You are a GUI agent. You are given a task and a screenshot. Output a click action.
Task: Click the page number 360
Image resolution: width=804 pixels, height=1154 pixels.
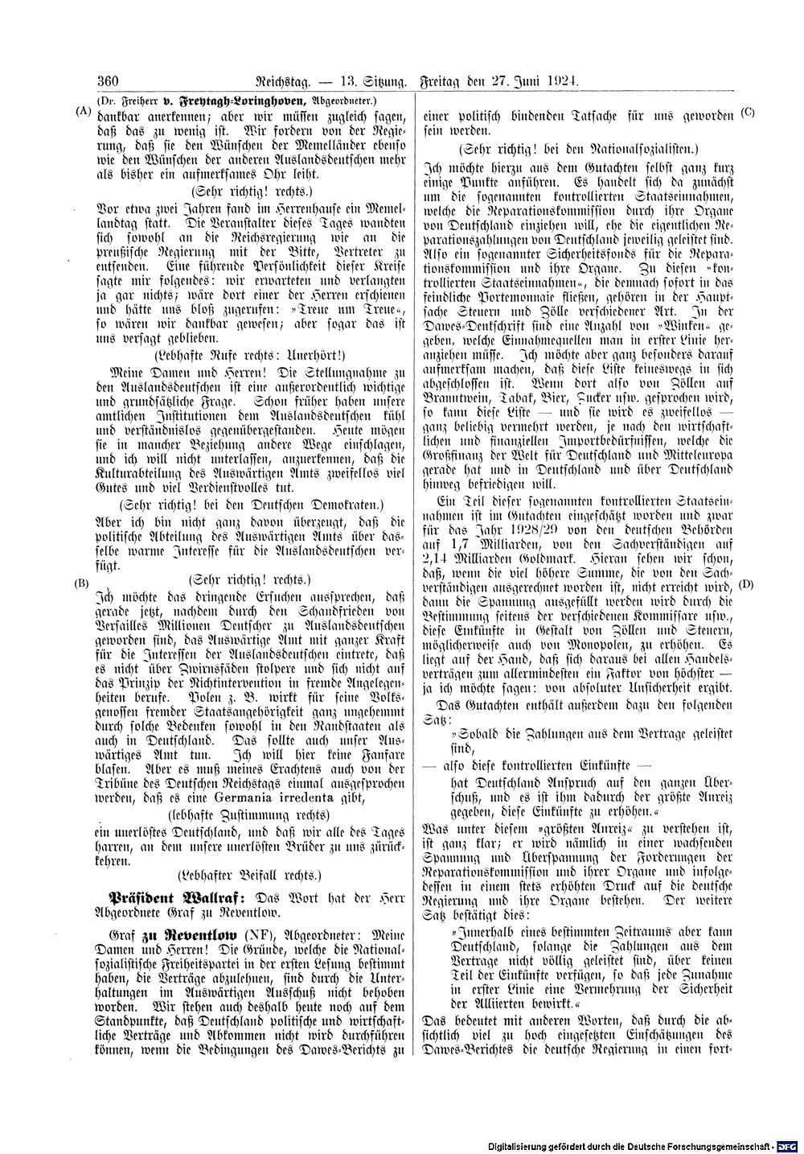(107, 80)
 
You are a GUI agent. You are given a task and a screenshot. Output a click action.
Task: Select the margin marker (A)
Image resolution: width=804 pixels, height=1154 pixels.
(82, 111)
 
